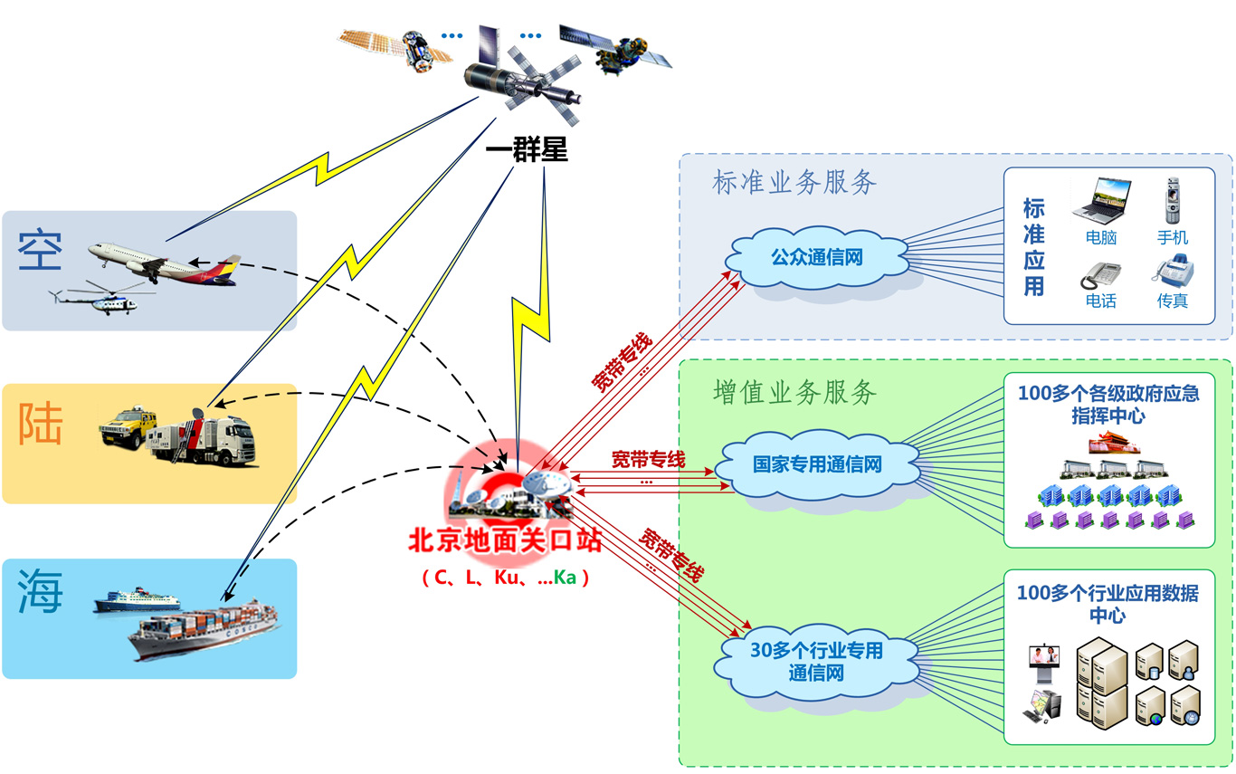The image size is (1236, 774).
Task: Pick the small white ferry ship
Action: coord(138,599)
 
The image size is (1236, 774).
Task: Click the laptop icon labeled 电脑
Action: coord(1101,200)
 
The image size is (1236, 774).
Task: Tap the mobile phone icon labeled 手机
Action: coord(1173,200)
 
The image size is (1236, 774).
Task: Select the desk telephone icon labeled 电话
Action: coord(1100,274)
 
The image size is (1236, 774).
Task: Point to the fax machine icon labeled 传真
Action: coord(1172,272)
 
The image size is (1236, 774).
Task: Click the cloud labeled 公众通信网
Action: coord(816,258)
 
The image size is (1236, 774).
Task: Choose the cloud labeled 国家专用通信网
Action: coord(816,465)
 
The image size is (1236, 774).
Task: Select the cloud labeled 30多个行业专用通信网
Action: coord(816,662)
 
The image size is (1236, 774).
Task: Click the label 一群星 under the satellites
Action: coord(527,150)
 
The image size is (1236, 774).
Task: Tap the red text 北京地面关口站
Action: coord(505,541)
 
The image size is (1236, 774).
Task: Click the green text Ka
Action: coord(565,578)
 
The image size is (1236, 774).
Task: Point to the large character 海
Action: coord(41,593)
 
